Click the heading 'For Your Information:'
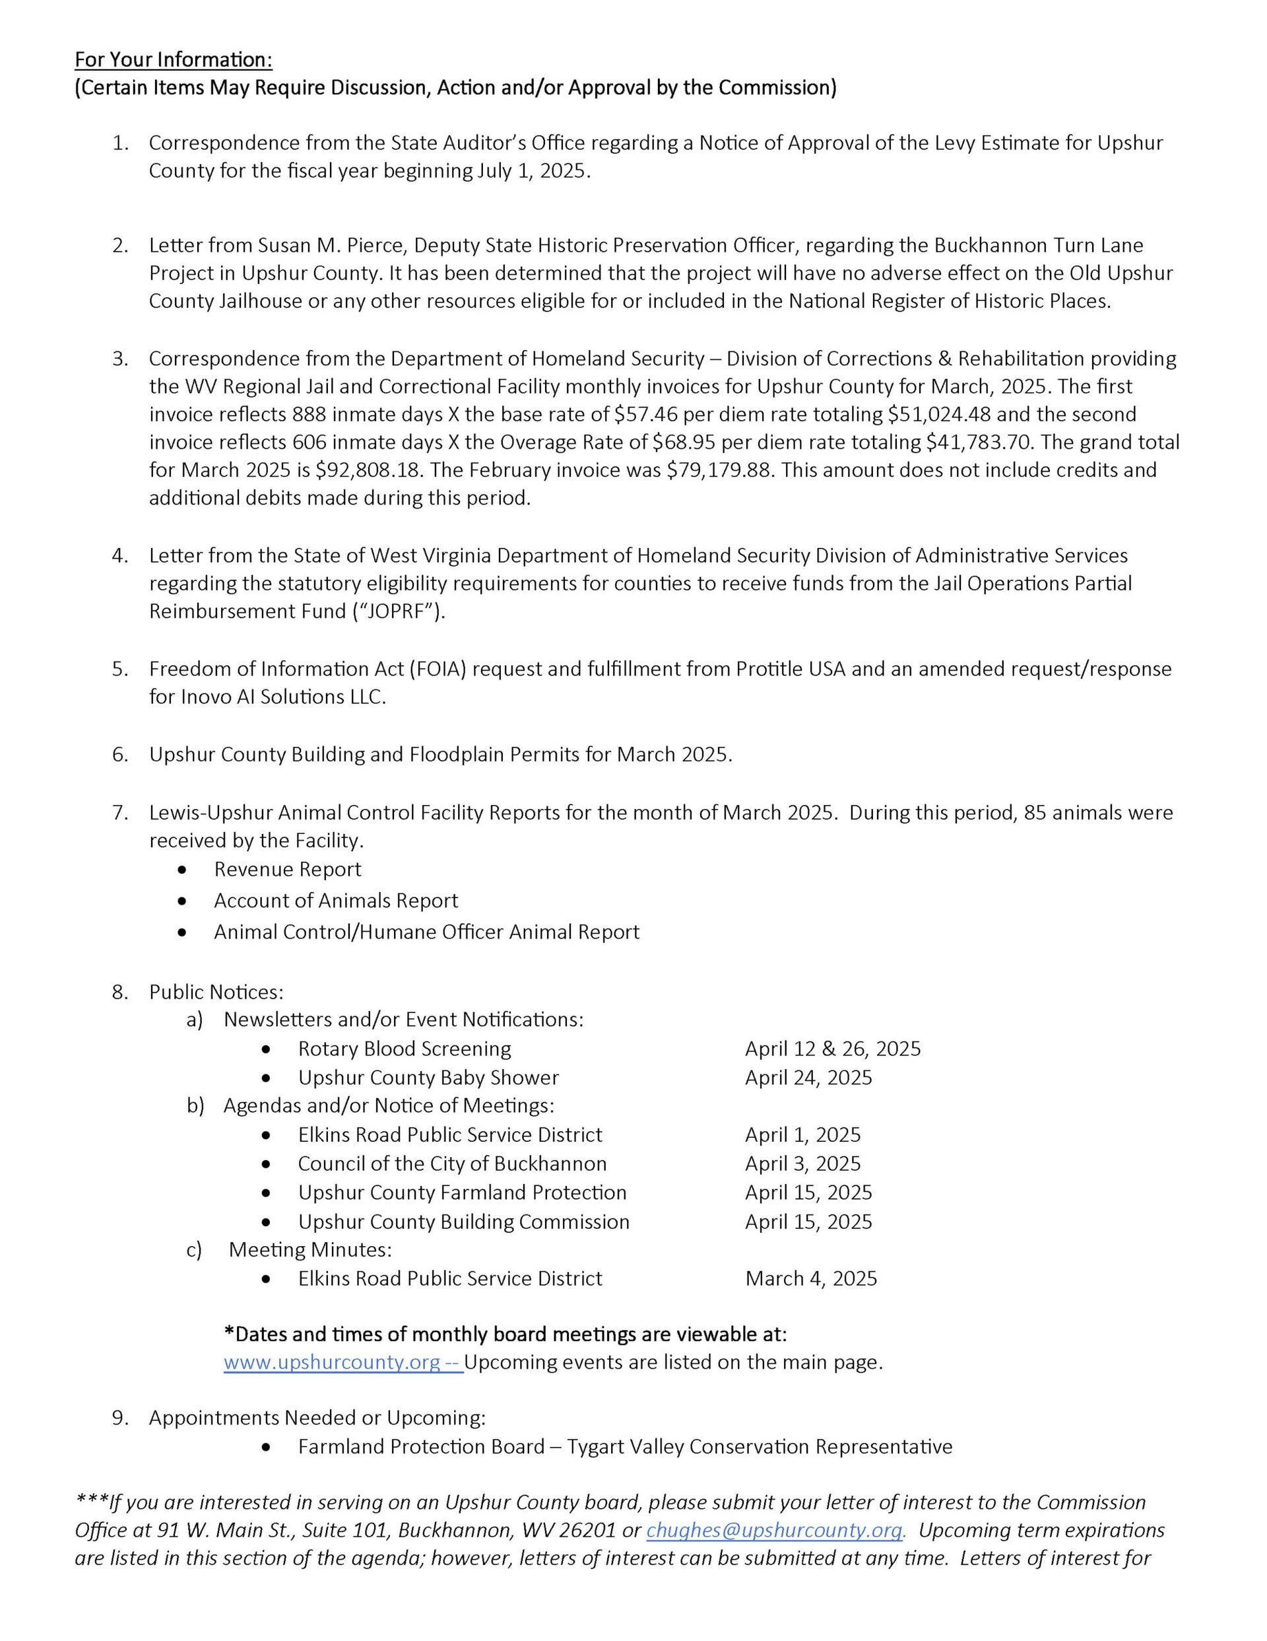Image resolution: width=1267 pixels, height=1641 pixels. pyautogui.click(x=174, y=59)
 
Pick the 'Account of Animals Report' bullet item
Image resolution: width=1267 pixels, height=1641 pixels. pyautogui.click(x=336, y=900)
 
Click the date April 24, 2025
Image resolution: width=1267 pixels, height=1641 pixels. pyautogui.click(x=808, y=1078)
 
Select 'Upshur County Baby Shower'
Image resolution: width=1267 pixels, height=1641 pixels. pyautogui.click(x=428, y=1078)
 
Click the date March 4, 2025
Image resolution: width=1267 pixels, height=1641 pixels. pyautogui.click(x=811, y=1279)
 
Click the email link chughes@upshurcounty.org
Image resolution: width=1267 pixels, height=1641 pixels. pyautogui.click(x=774, y=1531)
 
